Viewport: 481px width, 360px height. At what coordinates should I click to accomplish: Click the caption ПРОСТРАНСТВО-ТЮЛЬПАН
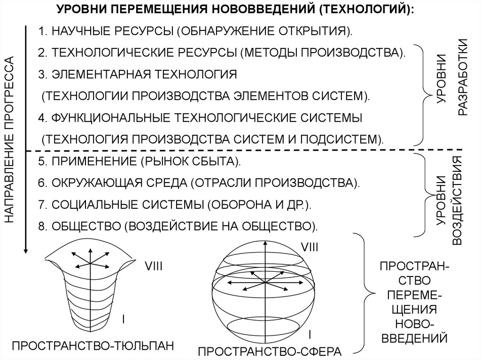93,346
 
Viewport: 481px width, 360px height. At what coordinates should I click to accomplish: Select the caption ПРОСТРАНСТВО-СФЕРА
269,352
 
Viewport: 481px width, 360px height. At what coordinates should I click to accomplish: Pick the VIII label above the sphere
310,246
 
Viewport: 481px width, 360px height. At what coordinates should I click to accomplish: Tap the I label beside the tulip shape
123,319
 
